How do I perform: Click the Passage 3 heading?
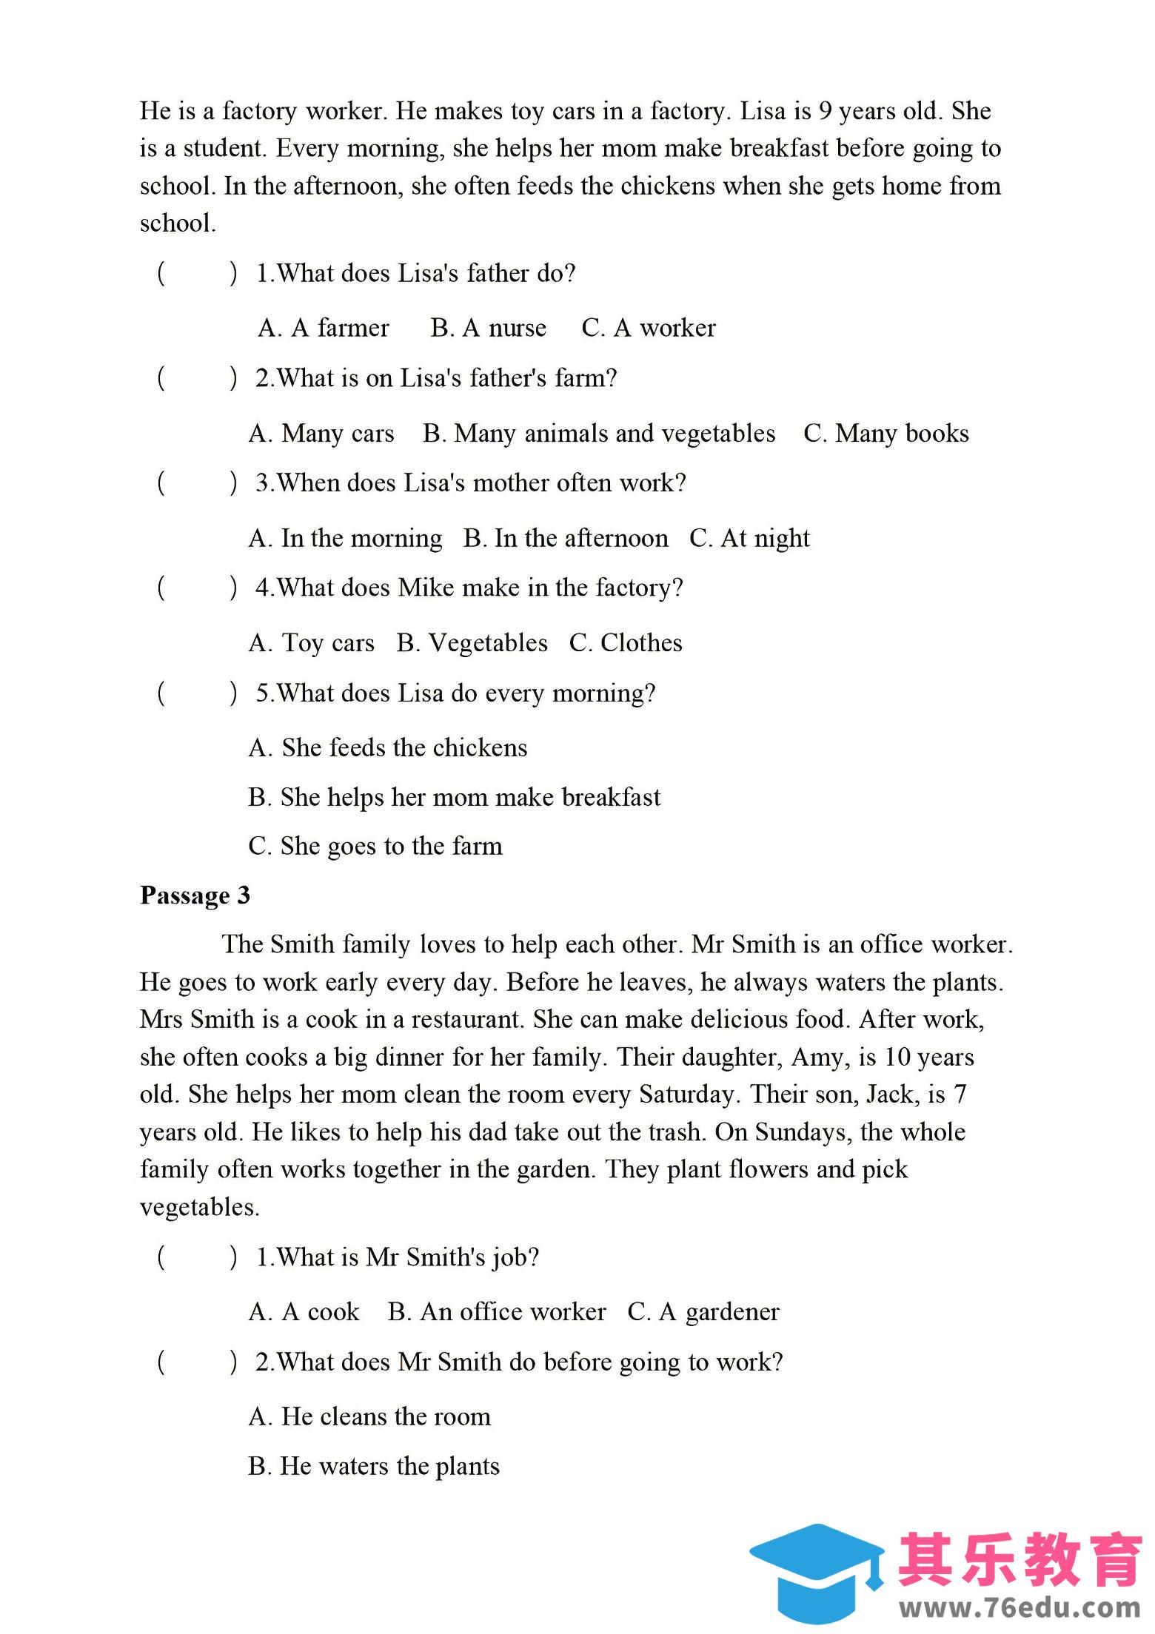[195, 895]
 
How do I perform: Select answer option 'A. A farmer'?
[324, 328]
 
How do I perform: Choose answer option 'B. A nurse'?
[489, 328]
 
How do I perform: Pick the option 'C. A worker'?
[649, 328]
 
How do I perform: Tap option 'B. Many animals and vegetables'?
[599, 433]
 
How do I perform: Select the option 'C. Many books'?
[885, 433]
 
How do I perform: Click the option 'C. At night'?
[749, 538]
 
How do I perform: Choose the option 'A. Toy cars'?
[312, 642]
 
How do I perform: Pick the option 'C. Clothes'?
[626, 642]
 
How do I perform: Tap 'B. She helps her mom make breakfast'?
[454, 797]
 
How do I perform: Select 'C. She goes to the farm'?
[375, 846]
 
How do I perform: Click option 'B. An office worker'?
[497, 1311]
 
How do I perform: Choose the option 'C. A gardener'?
[703, 1311]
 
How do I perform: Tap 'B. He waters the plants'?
[374, 1466]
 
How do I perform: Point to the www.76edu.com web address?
[1020, 1607]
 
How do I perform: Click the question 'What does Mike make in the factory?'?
[469, 588]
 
